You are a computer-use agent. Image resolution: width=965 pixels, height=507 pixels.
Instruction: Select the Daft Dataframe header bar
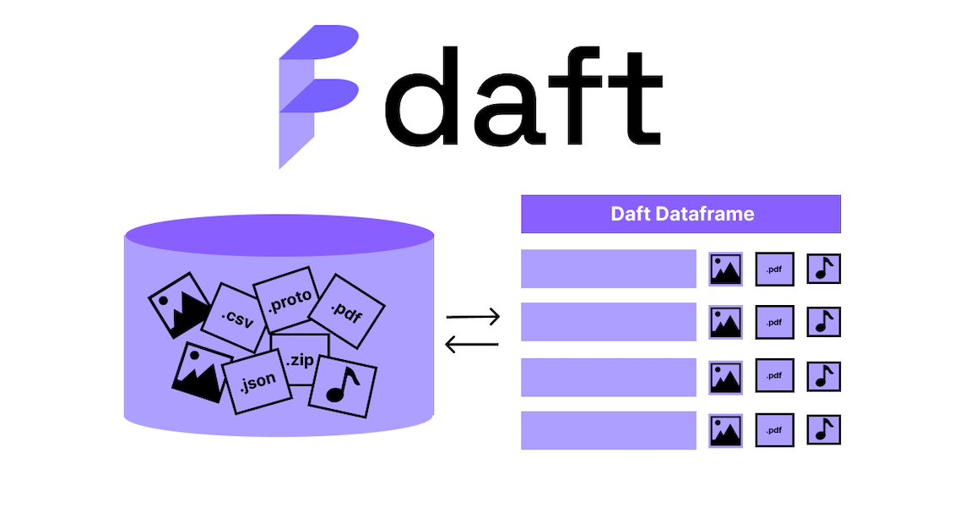[x=680, y=214]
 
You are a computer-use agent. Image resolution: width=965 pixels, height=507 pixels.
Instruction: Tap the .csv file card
[x=234, y=317]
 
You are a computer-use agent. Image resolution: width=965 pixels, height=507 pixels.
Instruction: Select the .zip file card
[x=300, y=359]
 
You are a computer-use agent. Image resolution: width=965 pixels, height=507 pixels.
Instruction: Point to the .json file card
[x=257, y=382]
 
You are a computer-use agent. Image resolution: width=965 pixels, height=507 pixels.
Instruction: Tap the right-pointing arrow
[x=473, y=318]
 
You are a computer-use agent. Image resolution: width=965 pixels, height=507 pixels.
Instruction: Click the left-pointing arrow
[x=473, y=344]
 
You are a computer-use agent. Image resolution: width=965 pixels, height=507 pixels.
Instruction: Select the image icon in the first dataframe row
[x=726, y=270]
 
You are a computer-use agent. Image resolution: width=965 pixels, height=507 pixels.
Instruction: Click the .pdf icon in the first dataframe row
[x=774, y=270]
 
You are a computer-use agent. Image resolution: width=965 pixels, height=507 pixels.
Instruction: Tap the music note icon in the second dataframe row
[x=823, y=322]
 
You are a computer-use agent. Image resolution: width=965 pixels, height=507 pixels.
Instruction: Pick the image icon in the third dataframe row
[x=726, y=377]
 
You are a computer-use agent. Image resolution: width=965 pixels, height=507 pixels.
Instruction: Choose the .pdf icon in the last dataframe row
[x=774, y=429]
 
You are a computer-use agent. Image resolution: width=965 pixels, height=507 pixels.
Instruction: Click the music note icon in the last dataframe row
[x=823, y=429]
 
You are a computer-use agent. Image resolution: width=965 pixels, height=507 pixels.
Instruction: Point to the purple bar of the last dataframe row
[x=608, y=430]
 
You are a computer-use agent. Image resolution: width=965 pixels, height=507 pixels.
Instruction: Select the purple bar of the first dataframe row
[x=608, y=269]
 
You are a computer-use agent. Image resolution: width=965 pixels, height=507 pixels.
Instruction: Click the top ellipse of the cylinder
[x=279, y=235]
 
